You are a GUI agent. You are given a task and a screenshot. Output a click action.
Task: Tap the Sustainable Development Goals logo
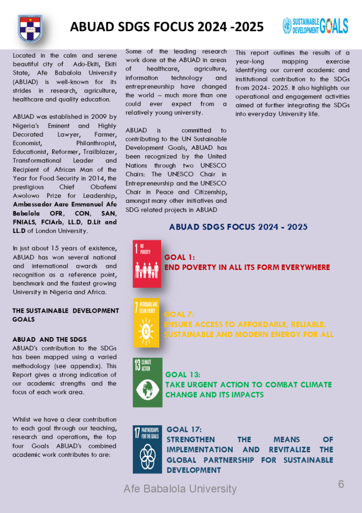tap(315, 26)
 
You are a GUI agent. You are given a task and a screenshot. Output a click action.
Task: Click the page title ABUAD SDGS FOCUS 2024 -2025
tap(167, 27)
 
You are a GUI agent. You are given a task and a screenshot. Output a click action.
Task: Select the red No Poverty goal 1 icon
tap(147, 264)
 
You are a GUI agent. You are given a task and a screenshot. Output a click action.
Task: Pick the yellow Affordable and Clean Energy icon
tap(146, 323)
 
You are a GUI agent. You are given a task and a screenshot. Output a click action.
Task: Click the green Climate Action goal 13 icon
tap(147, 382)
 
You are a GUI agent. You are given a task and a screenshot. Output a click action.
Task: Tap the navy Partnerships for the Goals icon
tap(147, 449)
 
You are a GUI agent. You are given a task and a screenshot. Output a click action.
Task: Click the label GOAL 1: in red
tap(179, 258)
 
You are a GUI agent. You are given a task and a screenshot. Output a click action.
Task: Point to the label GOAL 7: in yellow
tap(179, 314)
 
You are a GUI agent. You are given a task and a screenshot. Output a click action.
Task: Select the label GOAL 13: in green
tap(183, 374)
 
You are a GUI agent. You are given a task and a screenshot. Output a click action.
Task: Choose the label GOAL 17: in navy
tap(184, 429)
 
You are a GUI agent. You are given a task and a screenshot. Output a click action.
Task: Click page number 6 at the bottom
tap(341, 484)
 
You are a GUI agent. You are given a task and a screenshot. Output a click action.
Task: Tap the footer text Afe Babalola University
tap(180, 488)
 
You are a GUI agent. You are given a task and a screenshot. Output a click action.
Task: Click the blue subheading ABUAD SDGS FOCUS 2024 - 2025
tap(238, 227)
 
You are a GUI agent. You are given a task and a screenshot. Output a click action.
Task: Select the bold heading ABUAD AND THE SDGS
tap(50, 339)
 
